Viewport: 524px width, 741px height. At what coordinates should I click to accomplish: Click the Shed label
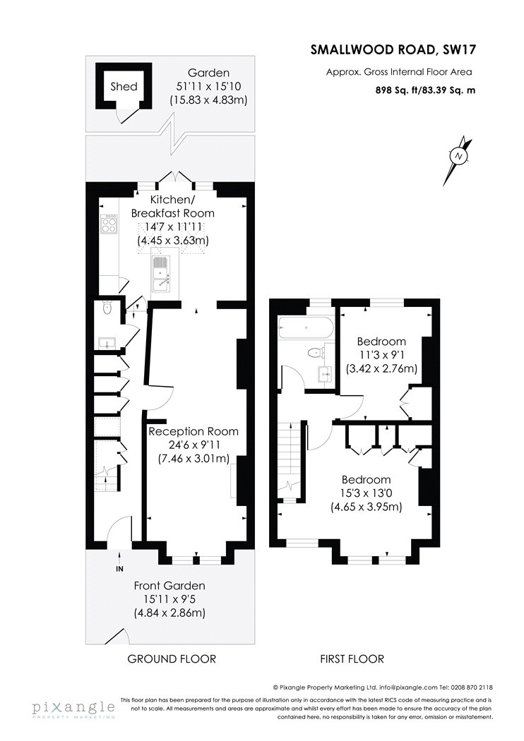[x=124, y=87]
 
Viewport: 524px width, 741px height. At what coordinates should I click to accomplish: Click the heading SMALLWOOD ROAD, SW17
[x=393, y=50]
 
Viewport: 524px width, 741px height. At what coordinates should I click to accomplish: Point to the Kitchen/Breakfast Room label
[x=172, y=206]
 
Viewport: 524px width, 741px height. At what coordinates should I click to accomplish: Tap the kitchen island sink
[x=162, y=276]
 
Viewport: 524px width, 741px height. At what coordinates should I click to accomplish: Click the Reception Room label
[x=193, y=431]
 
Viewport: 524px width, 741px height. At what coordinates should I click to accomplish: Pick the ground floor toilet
[x=107, y=308]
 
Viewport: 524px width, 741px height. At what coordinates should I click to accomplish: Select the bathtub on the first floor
[x=306, y=327]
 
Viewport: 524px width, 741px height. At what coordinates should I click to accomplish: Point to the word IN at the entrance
[x=119, y=569]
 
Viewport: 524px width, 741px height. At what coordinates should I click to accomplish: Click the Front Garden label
[x=169, y=586]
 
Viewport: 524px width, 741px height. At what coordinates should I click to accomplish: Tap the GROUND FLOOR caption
[x=172, y=658]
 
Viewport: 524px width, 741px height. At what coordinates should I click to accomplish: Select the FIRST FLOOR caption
[x=352, y=658]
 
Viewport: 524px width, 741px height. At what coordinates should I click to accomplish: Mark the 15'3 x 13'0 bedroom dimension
[x=366, y=493]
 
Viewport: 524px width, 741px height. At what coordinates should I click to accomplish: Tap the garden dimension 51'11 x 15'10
[x=208, y=87]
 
